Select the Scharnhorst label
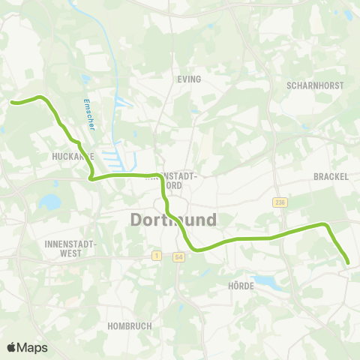pyautogui.click(x=315, y=85)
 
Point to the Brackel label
pyautogui.click(x=329, y=176)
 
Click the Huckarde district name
pyautogui.click(x=73, y=156)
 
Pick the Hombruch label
pyautogui.click(x=130, y=326)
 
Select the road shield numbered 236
pyautogui.click(x=280, y=202)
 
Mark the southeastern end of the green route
pyautogui.click(x=348, y=262)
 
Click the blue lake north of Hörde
pyautogui.click(x=264, y=282)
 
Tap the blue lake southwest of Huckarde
pyautogui.click(x=50, y=201)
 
